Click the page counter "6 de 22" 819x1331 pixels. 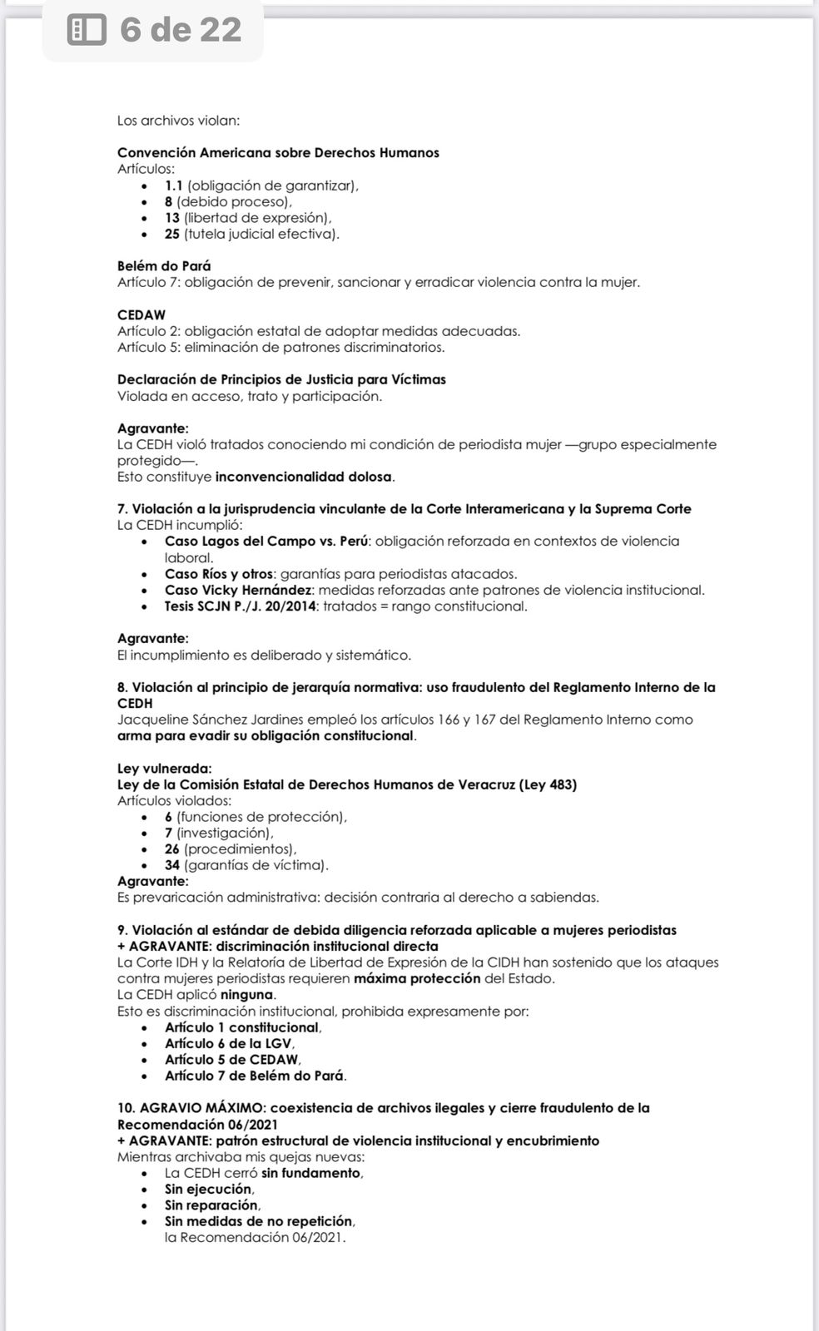181,30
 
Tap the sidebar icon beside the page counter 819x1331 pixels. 87,31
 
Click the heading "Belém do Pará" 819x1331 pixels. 164,266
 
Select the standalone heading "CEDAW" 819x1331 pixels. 141,314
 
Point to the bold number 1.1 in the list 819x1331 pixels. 173,186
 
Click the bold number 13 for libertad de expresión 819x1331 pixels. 172,218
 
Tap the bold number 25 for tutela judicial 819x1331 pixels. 172,234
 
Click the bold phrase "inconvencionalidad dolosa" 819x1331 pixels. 303,477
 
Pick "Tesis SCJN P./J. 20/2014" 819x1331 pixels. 240,606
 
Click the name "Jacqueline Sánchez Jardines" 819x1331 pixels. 206,720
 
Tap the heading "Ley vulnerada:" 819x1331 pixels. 164,769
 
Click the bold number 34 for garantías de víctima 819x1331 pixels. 172,865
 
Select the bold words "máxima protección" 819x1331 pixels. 417,978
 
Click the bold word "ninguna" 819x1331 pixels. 246,995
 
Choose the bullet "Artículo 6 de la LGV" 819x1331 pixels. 229,1043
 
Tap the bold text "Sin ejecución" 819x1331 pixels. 208,1190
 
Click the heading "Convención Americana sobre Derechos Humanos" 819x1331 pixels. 278,153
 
